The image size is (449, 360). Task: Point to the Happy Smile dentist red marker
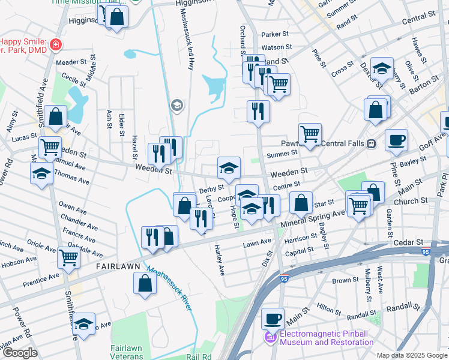56,44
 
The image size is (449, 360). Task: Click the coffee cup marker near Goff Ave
396,140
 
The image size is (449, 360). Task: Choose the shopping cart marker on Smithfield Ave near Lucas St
50,146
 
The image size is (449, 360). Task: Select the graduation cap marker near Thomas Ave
41,173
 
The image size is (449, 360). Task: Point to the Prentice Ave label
41,277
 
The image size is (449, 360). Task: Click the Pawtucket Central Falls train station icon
372,143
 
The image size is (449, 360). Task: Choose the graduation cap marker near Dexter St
381,69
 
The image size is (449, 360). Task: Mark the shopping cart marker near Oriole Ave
68,257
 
